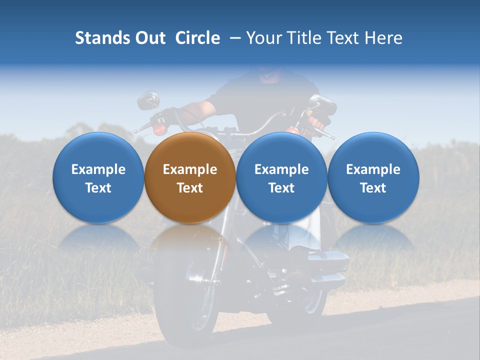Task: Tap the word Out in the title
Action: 148,38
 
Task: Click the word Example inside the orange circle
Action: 190,169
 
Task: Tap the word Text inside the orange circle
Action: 190,188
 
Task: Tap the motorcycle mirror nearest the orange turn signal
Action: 147,100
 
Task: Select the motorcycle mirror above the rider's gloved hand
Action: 322,104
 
